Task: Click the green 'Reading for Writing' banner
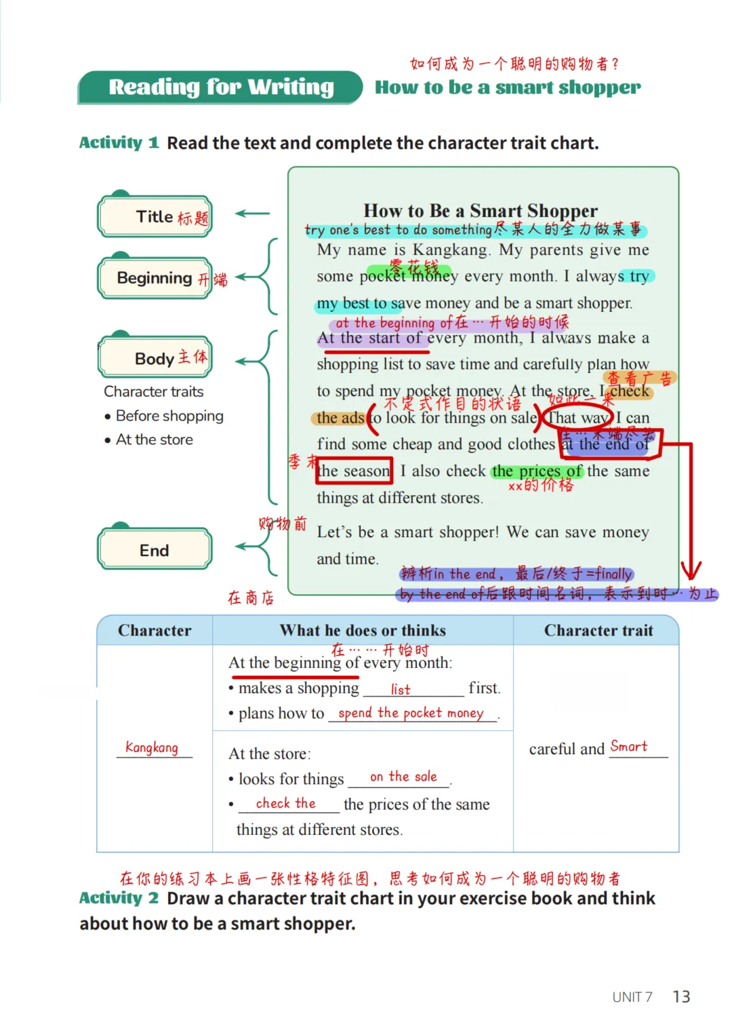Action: (x=220, y=87)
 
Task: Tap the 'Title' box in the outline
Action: (x=155, y=216)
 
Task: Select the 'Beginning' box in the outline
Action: (x=155, y=278)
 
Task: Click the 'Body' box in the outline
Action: (x=155, y=358)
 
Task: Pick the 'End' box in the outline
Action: (x=155, y=550)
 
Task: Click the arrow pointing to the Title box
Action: (x=252, y=214)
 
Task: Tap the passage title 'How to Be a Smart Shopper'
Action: (x=481, y=210)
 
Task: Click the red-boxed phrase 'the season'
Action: (x=354, y=471)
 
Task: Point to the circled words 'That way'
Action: (x=578, y=418)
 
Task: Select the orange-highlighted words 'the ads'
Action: (x=340, y=418)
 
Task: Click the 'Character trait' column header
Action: (x=598, y=631)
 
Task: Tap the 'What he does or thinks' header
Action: (x=363, y=631)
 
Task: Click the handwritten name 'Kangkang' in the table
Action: (x=152, y=747)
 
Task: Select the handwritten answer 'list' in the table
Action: (x=401, y=690)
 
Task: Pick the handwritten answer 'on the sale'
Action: (x=403, y=777)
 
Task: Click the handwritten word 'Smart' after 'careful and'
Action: (x=629, y=747)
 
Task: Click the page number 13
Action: (x=681, y=996)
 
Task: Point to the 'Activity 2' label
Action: (x=119, y=898)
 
